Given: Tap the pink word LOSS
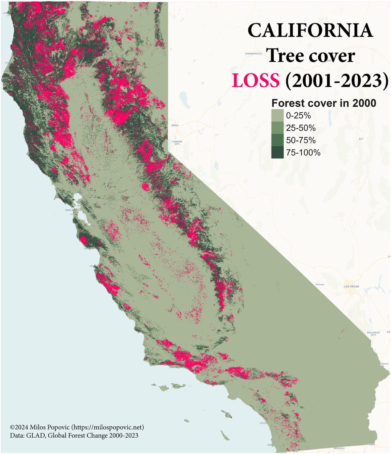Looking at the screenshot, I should pyautogui.click(x=256, y=80).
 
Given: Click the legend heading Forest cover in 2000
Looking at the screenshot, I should pyautogui.click(x=324, y=103).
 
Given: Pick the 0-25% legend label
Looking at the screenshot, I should pyautogui.click(x=299, y=115).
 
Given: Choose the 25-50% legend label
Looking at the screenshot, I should pyautogui.click(x=301, y=128).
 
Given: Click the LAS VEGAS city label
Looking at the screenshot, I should pyautogui.click(x=351, y=286).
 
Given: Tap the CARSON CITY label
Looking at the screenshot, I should pyautogui.click(x=177, y=143).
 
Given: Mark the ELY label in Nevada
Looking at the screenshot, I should pyautogui.click(x=361, y=139).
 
